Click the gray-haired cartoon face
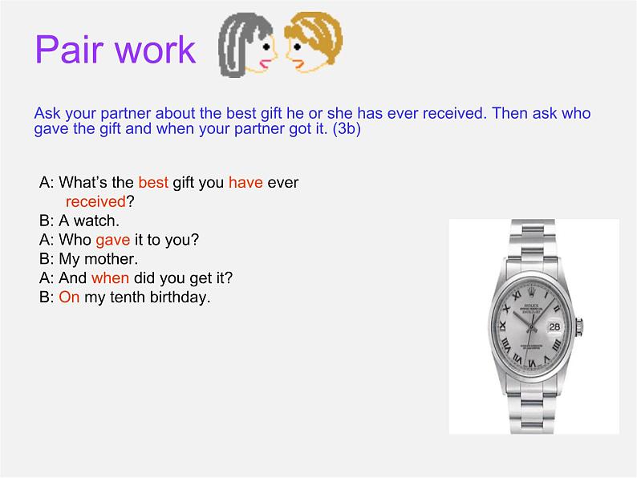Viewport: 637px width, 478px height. [248, 44]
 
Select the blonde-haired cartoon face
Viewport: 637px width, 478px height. [313, 43]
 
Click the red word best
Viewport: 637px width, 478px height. [153, 182]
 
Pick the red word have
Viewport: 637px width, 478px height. [245, 182]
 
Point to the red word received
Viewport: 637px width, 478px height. [95, 201]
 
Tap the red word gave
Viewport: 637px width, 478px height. [113, 240]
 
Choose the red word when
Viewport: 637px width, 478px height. [110, 278]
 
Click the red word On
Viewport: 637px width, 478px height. [69, 298]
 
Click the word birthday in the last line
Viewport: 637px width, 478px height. [179, 298]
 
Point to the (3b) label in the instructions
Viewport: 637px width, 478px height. [347, 129]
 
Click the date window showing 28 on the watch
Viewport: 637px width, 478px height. [554, 326]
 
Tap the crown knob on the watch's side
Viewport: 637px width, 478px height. [580, 327]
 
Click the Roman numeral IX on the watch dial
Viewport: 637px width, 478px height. [503, 326]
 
